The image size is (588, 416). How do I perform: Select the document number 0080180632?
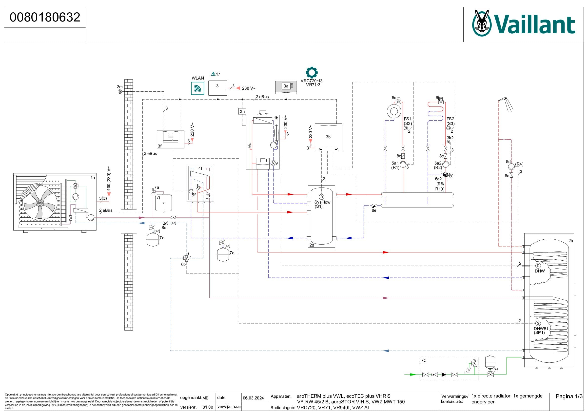pos(45,17)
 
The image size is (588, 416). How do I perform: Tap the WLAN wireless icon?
pos(198,88)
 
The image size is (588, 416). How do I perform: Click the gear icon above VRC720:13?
pos(312,73)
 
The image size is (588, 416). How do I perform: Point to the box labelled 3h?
pos(242,111)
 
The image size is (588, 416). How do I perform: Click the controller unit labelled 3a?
pos(286,87)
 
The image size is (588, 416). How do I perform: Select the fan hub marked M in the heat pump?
pos(40,203)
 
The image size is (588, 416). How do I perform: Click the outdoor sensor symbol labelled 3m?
pos(119,91)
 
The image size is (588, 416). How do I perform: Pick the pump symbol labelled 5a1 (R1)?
pos(403,164)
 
